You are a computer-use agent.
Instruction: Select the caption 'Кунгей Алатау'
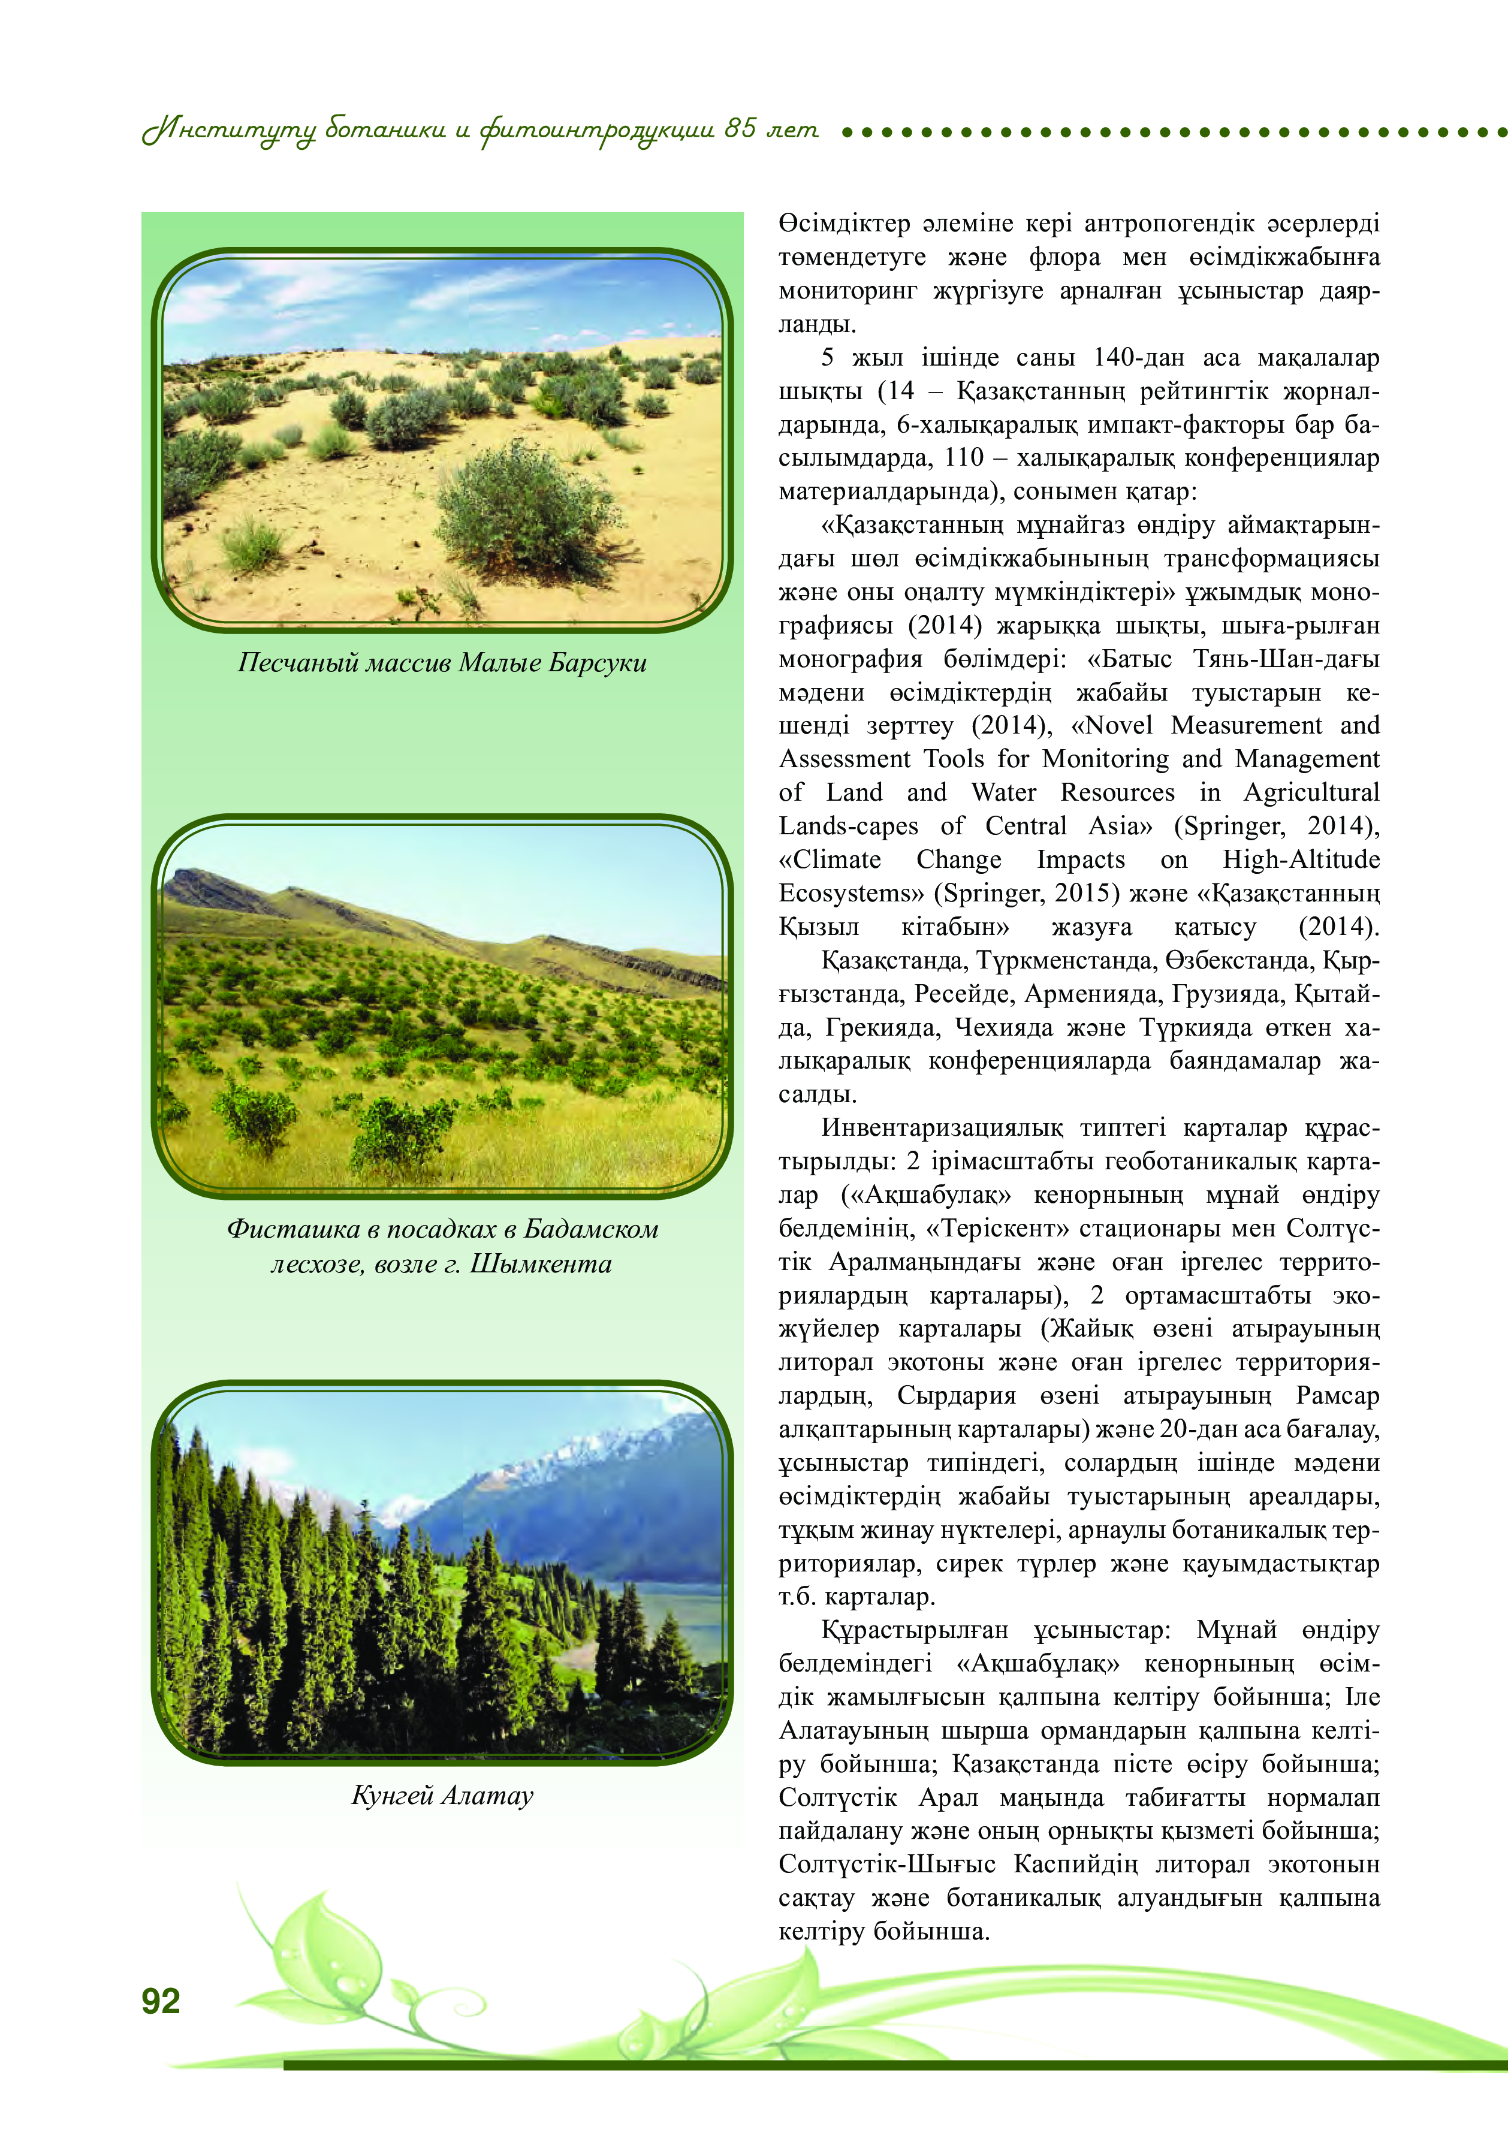[442, 1794]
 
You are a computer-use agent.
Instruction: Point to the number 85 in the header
[740, 128]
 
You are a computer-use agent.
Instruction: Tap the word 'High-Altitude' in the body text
[1301, 859]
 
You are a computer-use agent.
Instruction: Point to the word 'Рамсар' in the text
[1337, 1396]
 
